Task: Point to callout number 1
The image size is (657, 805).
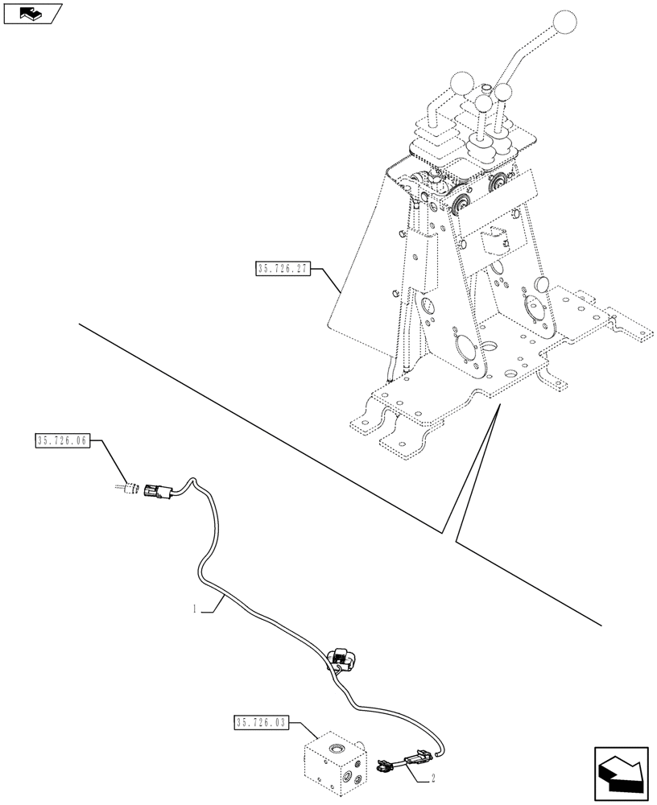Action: coord(195,610)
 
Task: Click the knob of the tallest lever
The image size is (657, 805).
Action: coord(567,23)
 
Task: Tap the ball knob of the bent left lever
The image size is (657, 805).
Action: coord(461,83)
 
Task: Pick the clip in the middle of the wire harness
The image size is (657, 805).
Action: coord(341,658)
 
